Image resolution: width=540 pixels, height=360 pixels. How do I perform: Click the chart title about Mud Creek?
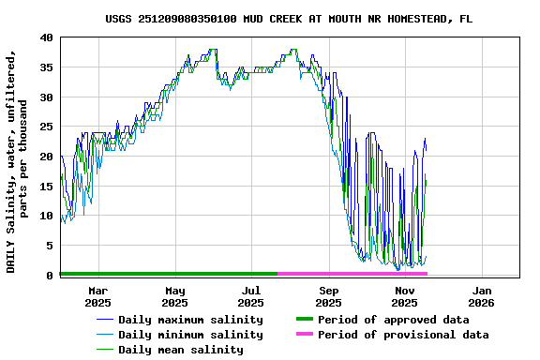pos(289,18)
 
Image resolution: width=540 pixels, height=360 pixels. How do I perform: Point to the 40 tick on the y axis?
pos(46,37)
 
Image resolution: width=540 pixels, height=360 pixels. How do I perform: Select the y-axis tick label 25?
pos(46,127)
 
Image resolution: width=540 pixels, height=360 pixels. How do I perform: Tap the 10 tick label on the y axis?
pos(46,216)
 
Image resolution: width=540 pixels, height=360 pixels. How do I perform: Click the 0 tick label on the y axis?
pos(49,276)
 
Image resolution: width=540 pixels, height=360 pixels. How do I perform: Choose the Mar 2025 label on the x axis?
pos(98,296)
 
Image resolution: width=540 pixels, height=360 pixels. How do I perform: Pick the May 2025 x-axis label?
pos(174,296)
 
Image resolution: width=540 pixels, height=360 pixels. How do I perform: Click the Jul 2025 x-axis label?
pos(251,296)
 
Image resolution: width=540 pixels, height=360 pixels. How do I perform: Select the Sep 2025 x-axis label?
pos(328,296)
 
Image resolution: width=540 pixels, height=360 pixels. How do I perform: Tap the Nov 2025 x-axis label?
pos(405,296)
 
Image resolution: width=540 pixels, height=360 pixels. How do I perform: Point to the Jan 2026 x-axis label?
pos(481,296)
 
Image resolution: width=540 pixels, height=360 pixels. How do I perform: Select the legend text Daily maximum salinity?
pos(190,320)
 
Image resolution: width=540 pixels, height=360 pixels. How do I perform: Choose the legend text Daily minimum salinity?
pos(190,335)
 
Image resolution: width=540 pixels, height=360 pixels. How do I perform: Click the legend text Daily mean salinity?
pos(181,350)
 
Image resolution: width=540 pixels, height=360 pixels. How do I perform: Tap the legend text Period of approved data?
pos(393,320)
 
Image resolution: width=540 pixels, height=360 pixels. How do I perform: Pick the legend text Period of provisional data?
pos(403,335)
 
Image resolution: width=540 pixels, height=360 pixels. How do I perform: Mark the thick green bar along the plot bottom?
pos(169,274)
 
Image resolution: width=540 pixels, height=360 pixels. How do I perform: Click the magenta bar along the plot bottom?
pos(352,274)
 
